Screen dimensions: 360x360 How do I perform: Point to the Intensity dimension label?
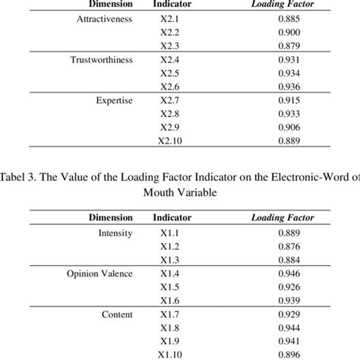pyautogui.click(x=115, y=233)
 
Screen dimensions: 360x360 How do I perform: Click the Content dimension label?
pyautogui.click(x=117, y=314)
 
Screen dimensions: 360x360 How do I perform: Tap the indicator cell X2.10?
pyautogui.click(x=169, y=141)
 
